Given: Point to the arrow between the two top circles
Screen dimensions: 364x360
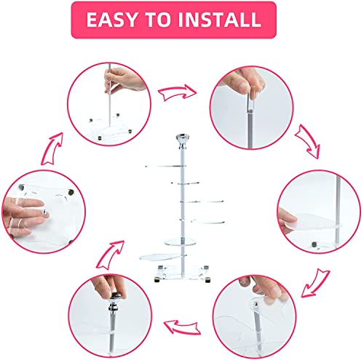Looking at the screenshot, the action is coord(177,92).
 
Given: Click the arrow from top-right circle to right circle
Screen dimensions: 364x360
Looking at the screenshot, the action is coord(307,141).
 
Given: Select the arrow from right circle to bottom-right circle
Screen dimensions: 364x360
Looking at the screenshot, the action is coord(315,283).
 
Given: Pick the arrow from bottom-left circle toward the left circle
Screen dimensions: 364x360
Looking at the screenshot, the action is coord(111,255).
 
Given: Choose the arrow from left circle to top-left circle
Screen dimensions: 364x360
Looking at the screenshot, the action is coord(52,148).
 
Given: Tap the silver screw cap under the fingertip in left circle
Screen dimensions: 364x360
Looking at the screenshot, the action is coord(44,212).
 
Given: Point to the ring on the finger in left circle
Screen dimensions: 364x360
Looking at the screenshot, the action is coord(20,222).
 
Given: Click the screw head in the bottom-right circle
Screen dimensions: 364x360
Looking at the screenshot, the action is coord(256,304).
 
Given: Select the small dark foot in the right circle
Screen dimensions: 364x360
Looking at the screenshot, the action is coord(314,244).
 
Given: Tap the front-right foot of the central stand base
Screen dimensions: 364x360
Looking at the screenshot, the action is coord(207,280).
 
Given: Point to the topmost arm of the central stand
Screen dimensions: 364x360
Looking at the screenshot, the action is coord(166,167).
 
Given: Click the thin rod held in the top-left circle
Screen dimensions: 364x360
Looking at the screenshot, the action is coord(110,95).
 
